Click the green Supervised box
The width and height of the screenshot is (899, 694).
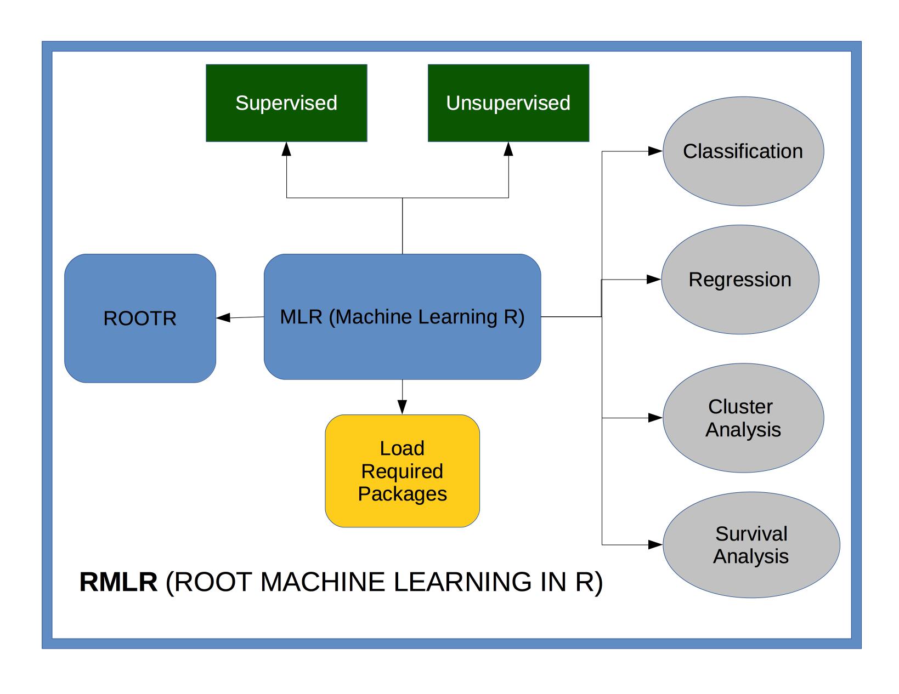pos(286,103)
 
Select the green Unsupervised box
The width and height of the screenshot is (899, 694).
pos(508,103)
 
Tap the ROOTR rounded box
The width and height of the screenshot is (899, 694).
pos(140,318)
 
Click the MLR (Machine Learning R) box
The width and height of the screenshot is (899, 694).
pos(402,316)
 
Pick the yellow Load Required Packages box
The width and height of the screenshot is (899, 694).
pos(402,471)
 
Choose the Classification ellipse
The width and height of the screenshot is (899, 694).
pos(743,151)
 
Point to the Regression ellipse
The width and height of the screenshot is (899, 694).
pos(740,280)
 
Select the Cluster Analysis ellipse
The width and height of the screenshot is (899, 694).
pos(743,418)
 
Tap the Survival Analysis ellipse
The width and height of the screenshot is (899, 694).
pos(751,545)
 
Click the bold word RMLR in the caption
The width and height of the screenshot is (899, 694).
pos(118,582)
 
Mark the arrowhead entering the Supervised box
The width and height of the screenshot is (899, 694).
pos(286,149)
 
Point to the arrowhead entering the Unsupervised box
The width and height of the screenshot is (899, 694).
pos(508,149)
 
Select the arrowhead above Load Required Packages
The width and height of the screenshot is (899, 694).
pos(402,407)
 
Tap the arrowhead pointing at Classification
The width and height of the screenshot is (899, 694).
pos(655,151)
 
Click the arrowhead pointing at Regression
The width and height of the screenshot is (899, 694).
pos(654,280)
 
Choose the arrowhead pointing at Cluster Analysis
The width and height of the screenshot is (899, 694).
pos(655,418)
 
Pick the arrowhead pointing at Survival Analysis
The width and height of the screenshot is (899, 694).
pos(655,545)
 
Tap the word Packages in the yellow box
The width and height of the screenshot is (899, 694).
pos(402,494)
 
